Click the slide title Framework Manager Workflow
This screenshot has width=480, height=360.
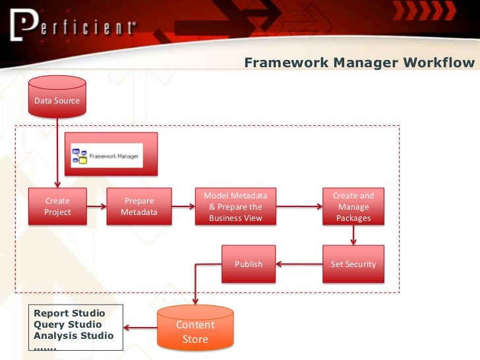point(359,63)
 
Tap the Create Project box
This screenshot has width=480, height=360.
point(57,206)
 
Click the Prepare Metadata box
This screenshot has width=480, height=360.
point(139,206)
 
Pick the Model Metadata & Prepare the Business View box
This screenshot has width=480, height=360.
point(235,206)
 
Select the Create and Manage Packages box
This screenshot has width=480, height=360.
point(353,206)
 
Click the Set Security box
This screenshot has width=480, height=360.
point(353,264)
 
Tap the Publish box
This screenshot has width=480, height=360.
point(248,264)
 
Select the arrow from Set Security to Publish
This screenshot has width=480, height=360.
point(299,264)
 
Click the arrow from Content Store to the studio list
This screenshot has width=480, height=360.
point(139,327)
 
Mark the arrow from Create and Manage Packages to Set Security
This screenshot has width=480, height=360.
point(353,235)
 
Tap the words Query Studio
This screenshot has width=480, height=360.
point(68,324)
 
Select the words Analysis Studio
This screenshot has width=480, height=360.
point(73,336)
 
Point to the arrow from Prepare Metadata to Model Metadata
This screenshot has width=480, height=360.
point(183,206)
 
